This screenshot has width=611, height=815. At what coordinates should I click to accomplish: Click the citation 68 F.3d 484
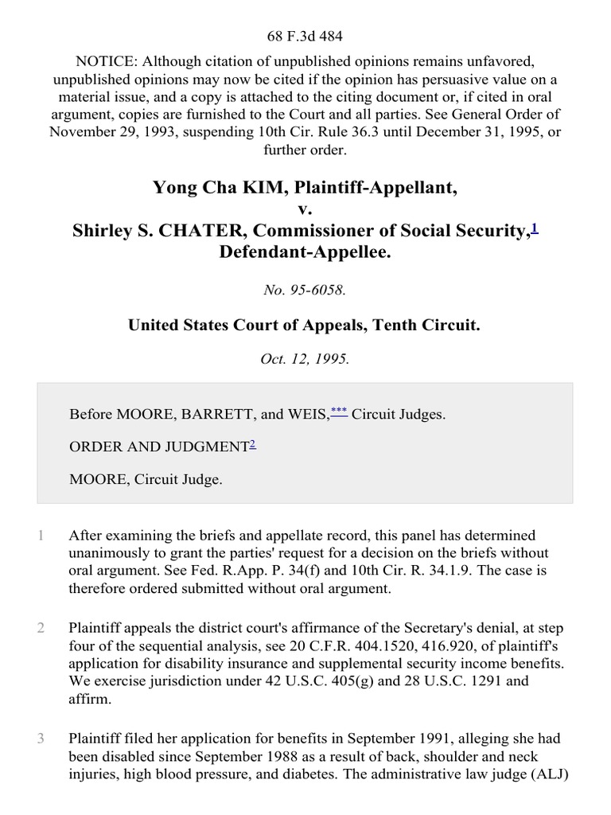[x=305, y=36]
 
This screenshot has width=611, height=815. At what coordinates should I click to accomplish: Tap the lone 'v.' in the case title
[x=305, y=209]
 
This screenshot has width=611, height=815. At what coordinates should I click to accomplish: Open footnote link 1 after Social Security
[x=535, y=228]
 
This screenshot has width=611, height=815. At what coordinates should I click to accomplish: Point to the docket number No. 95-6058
[x=305, y=291]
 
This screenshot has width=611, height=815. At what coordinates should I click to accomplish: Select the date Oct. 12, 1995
[x=305, y=358]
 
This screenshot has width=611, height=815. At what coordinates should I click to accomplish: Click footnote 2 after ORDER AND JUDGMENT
[x=252, y=445]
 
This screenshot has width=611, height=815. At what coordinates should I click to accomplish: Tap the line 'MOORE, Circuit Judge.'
[x=146, y=479]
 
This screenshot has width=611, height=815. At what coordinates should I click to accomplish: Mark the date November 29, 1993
[x=107, y=132]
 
